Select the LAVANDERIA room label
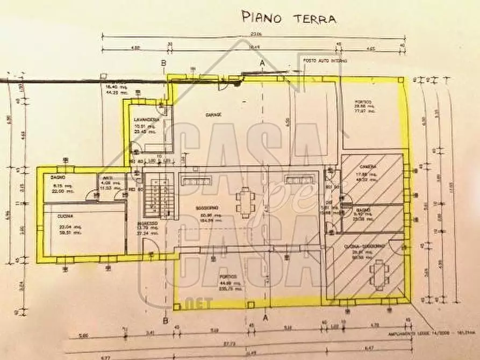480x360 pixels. [x=146, y=119]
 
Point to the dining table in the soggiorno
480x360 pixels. [x=245, y=202]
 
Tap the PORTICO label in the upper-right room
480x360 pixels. [x=363, y=103]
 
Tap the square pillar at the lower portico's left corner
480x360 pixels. [x=177, y=307]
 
